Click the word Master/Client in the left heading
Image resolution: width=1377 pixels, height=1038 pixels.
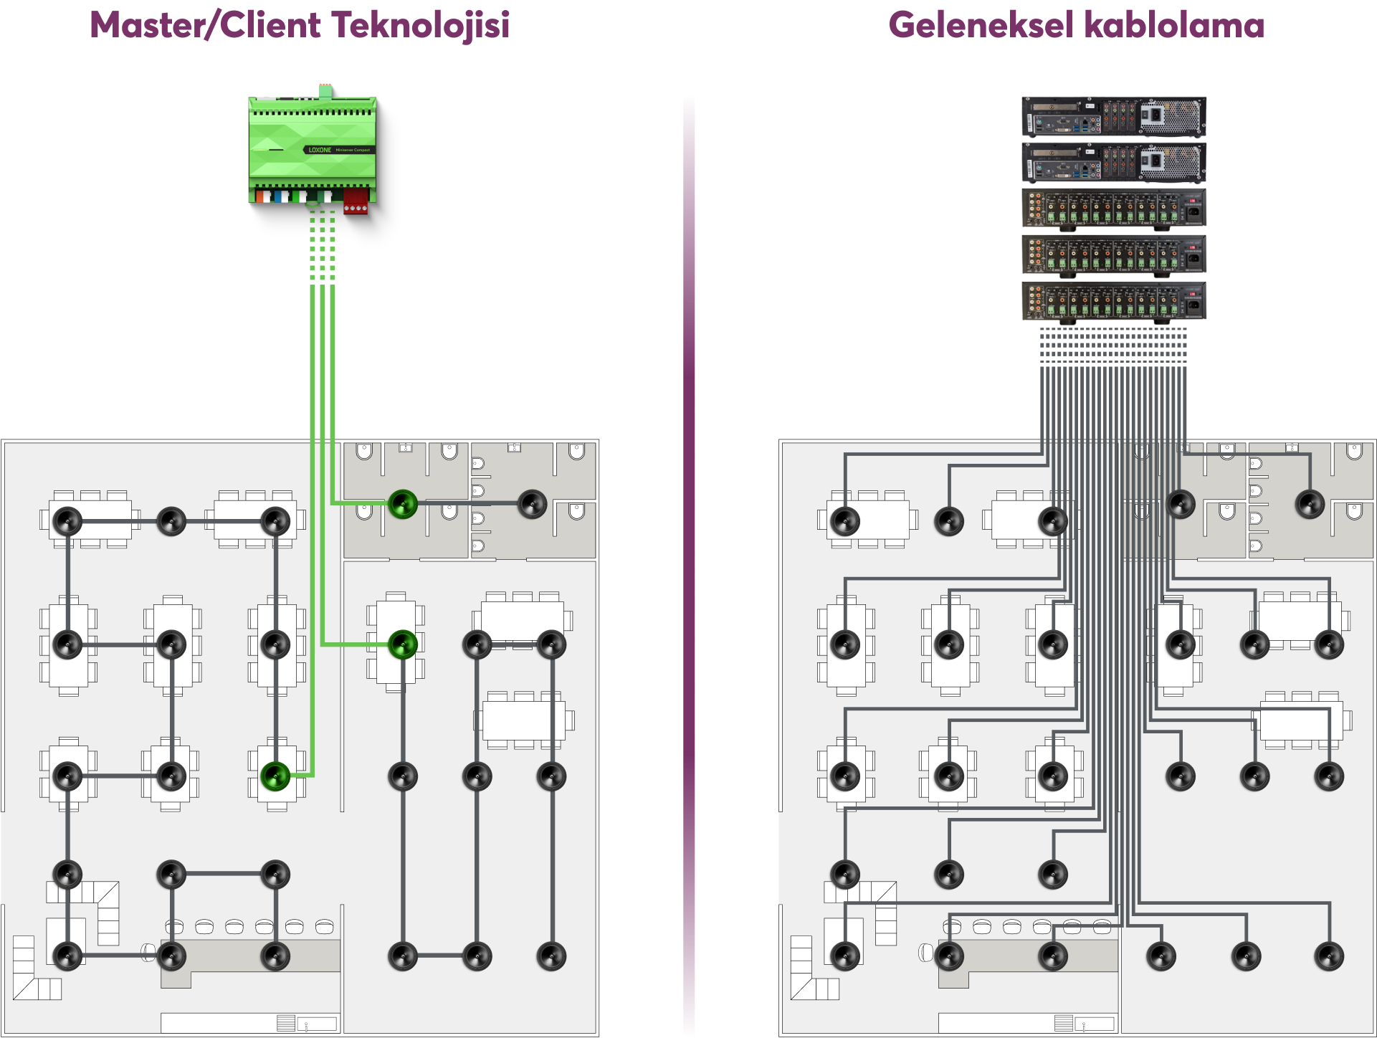[205, 25]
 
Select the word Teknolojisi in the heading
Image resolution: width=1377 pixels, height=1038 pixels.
[421, 25]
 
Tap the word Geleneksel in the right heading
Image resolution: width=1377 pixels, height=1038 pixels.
[981, 25]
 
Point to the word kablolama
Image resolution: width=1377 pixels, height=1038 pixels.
[1174, 25]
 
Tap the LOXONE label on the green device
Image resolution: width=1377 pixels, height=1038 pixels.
[320, 150]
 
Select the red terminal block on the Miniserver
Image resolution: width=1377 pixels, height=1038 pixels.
[356, 201]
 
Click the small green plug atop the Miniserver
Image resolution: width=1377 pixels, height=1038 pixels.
[325, 90]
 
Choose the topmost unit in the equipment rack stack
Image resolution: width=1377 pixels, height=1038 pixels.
[1113, 116]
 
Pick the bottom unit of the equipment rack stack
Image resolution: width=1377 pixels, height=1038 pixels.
[1113, 300]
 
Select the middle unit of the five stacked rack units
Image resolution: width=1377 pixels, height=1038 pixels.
[1113, 208]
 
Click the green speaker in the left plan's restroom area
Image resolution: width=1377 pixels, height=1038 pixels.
[403, 504]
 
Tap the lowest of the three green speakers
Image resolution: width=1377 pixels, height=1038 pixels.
[275, 776]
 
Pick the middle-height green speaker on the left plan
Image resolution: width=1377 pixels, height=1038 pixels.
[403, 644]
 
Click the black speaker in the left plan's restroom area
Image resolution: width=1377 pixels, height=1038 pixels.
[532, 504]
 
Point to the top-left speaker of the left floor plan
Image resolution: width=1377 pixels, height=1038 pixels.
[67, 521]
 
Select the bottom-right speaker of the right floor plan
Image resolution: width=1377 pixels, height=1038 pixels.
[1329, 956]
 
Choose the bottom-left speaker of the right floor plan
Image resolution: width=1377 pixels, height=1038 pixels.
[845, 956]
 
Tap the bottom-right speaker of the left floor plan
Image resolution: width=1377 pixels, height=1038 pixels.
[551, 956]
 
